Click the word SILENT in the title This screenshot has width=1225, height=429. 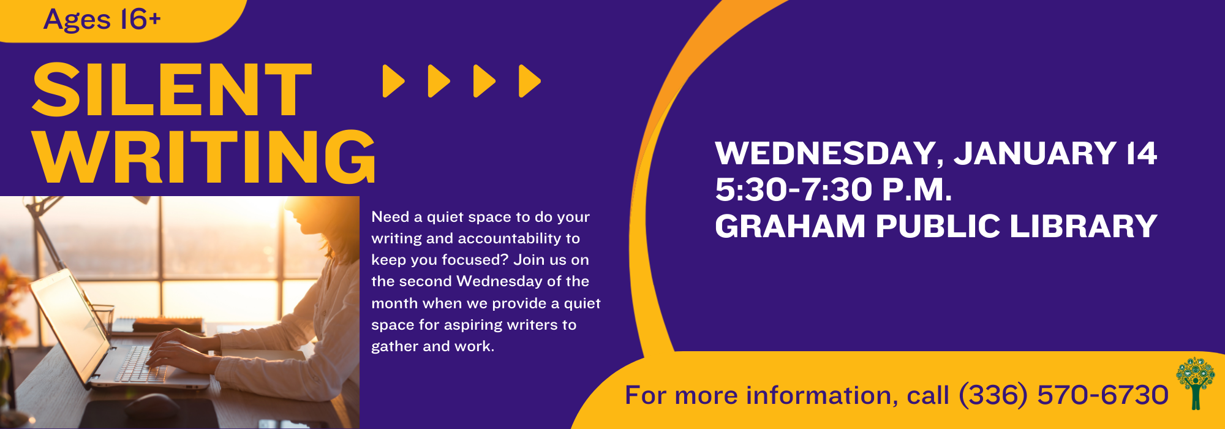tap(172, 89)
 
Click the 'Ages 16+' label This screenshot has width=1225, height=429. tap(102, 20)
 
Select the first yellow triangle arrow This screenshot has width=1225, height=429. tap(393, 81)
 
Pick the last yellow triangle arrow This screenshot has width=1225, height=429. tap(530, 81)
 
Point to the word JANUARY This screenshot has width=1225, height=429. tap(1035, 153)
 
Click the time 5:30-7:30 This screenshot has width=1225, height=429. tap(793, 189)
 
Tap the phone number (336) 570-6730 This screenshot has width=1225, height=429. tap(1063, 395)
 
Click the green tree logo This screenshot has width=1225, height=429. tap(1195, 383)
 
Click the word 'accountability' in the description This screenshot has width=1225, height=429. tap(509, 238)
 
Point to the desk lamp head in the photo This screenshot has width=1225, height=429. tap(138, 200)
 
